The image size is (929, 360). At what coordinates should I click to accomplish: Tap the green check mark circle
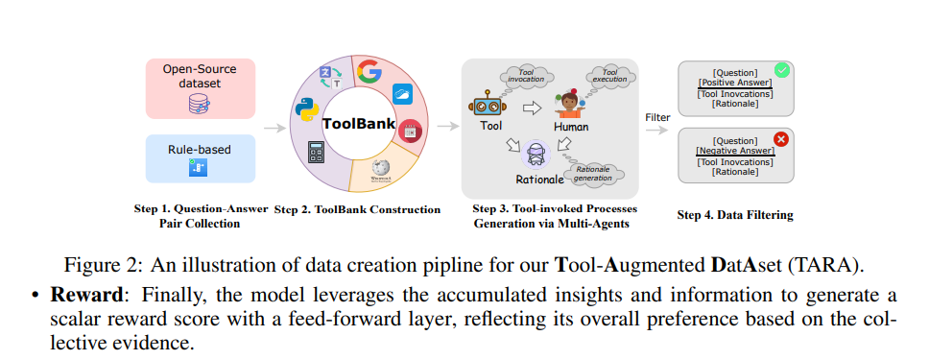click(781, 70)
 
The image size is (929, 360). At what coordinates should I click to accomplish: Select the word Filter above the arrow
click(657, 117)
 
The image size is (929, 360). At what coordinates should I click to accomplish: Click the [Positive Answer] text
click(736, 83)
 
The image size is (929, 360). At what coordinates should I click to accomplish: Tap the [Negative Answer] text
click(735, 152)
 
